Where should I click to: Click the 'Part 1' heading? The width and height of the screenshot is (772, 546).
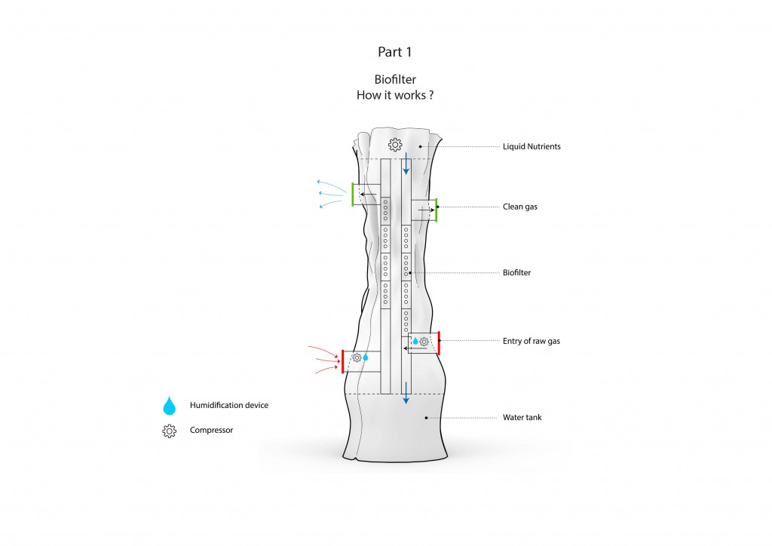(x=394, y=52)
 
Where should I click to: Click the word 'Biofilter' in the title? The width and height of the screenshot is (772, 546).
(x=395, y=79)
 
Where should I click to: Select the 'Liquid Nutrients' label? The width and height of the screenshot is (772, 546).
(x=532, y=146)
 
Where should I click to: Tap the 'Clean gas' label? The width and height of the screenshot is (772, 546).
(x=520, y=207)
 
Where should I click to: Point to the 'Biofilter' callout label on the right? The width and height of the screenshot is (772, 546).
(x=516, y=272)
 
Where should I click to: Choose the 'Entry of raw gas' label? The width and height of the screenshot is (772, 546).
(x=532, y=341)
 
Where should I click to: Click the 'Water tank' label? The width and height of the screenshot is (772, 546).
(x=522, y=418)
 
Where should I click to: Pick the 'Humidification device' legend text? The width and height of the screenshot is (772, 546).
(x=229, y=405)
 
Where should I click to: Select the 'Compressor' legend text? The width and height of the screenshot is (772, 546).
(x=211, y=430)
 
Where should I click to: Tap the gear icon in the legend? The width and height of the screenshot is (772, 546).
(x=170, y=431)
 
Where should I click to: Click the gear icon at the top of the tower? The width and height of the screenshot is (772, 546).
(x=395, y=145)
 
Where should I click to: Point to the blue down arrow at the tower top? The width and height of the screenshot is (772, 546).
(x=406, y=164)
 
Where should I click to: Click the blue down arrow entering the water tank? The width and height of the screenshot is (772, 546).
(x=406, y=393)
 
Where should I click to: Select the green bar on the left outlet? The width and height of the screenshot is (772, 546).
(x=353, y=195)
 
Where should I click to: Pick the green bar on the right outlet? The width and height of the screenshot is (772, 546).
(x=437, y=210)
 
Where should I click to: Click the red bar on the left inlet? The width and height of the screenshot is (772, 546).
(x=343, y=361)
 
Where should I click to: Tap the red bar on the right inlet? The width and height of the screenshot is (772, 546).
(x=439, y=343)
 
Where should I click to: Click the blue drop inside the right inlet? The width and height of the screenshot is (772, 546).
(x=415, y=341)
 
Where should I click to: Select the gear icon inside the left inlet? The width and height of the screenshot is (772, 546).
(x=357, y=358)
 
